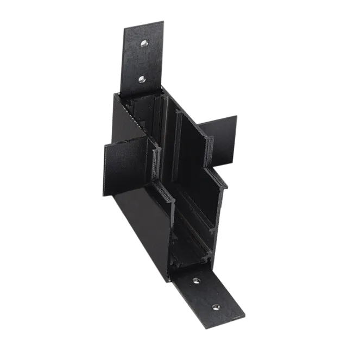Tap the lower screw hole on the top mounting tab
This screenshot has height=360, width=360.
click(141, 79)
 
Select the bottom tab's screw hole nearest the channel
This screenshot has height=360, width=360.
click(196, 281)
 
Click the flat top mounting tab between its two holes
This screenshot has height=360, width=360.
click(143, 61)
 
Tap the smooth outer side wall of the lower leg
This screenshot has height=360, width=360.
click(144, 217)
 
